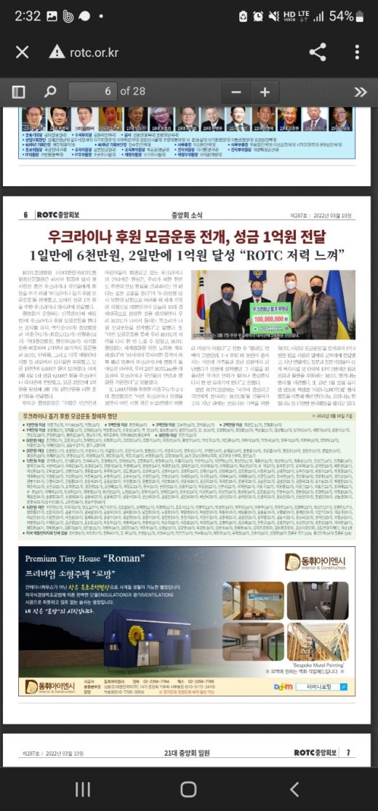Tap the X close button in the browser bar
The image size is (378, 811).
[22, 52]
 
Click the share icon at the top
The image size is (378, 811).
[318, 52]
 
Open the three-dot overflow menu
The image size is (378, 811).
[357, 52]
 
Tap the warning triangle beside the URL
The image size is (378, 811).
[57, 52]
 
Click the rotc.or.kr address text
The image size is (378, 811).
[94, 52]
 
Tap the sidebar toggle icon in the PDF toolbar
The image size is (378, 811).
[18, 92]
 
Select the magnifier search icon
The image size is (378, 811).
[49, 92]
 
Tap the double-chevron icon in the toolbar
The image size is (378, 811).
[360, 92]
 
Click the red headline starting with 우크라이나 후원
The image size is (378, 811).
[188, 237]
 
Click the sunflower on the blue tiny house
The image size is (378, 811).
[134, 634]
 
